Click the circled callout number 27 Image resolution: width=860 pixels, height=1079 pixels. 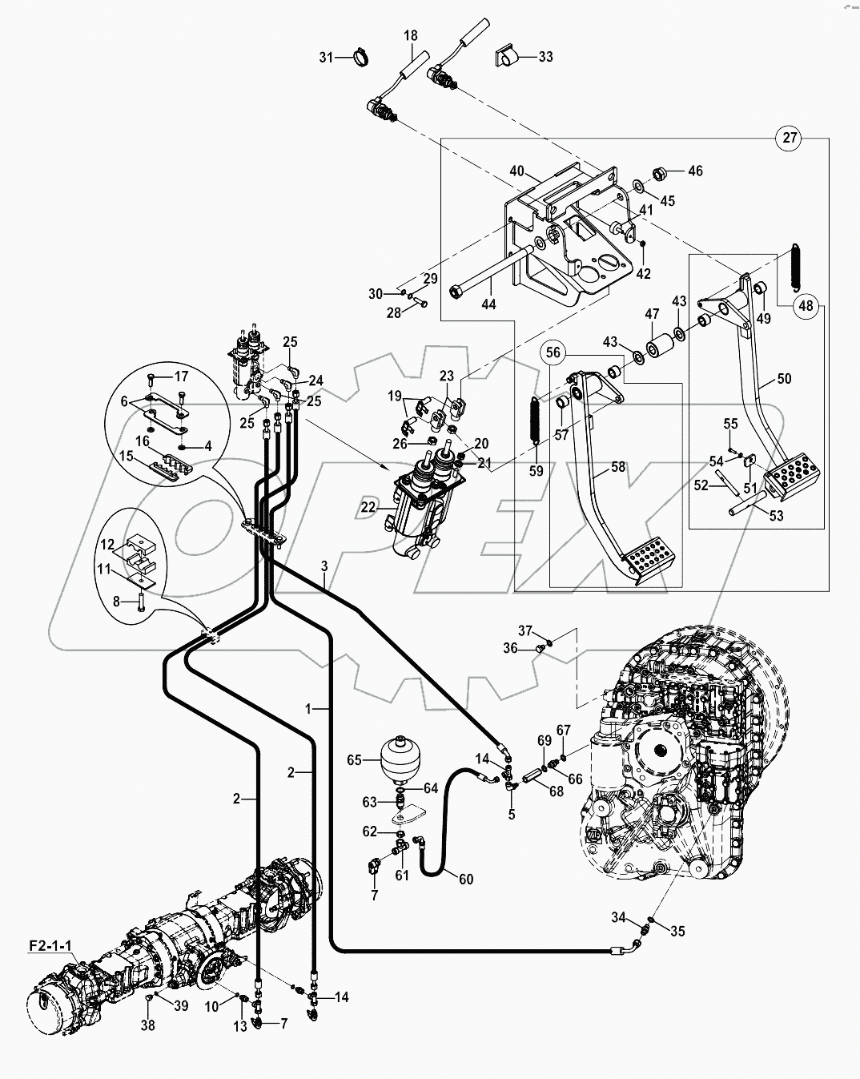coord(790,138)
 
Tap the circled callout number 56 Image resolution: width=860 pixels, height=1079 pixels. coord(555,353)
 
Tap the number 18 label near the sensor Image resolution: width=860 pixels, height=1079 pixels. coord(410,36)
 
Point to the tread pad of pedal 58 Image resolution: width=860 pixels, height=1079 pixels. coord(650,560)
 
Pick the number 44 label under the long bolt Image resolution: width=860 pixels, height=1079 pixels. coord(488,304)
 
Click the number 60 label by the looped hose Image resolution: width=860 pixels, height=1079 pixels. coord(466,879)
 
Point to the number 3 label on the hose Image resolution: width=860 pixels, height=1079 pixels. coord(324,566)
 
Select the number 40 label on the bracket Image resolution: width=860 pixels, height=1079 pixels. coord(516,171)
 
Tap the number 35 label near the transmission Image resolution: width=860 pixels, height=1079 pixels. coord(677,932)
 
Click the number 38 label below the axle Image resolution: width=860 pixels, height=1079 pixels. coord(149,1025)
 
